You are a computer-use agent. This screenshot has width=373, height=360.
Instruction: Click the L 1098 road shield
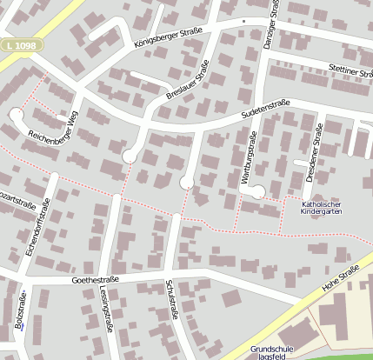pyautogui.click(x=22, y=44)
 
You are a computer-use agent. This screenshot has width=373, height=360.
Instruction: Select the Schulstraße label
pyautogui.click(x=170, y=300)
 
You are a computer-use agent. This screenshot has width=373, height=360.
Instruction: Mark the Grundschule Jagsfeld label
pyautogui.click(x=272, y=352)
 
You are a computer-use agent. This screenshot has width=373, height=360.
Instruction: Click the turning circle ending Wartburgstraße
pyautogui.click(x=257, y=191)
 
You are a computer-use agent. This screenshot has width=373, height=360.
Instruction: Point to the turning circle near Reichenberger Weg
pyautogui.click(x=15, y=112)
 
